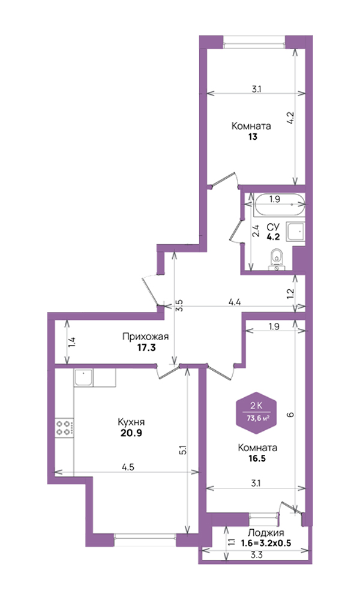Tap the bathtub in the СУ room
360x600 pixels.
[280, 205]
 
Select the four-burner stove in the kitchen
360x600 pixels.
[64, 427]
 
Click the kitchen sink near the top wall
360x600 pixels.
[84, 377]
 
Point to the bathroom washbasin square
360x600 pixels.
[295, 232]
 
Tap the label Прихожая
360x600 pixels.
[145, 337]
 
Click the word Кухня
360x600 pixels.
[131, 422]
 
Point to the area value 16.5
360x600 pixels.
[257, 458]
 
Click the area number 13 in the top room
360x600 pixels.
[252, 137]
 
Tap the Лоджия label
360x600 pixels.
[266, 533]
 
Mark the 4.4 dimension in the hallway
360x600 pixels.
[234, 302]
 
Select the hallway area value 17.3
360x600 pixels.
[146, 348]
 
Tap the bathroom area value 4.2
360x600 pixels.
[273, 236]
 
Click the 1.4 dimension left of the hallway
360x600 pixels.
[73, 341]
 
